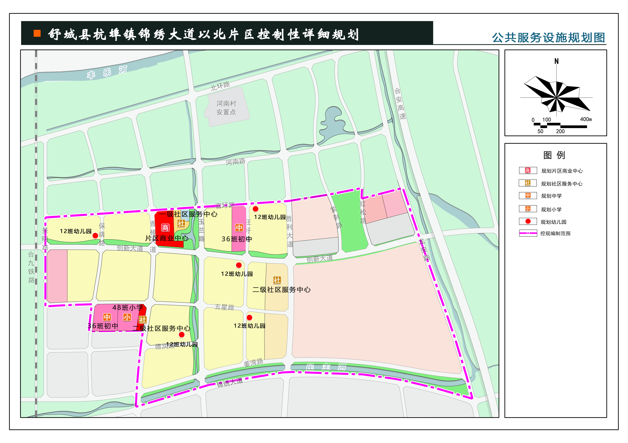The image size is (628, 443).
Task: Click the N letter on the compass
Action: [x=556, y=61]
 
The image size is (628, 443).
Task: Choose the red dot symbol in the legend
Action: [x=528, y=221]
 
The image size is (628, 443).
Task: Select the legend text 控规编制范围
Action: [x=555, y=233]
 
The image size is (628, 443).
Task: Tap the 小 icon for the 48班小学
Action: [x=127, y=317]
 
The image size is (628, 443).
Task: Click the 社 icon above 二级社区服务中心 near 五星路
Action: [x=277, y=280]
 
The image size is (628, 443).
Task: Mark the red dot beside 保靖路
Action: [x=95, y=235]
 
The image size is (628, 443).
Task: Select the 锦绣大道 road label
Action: [x=230, y=382]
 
